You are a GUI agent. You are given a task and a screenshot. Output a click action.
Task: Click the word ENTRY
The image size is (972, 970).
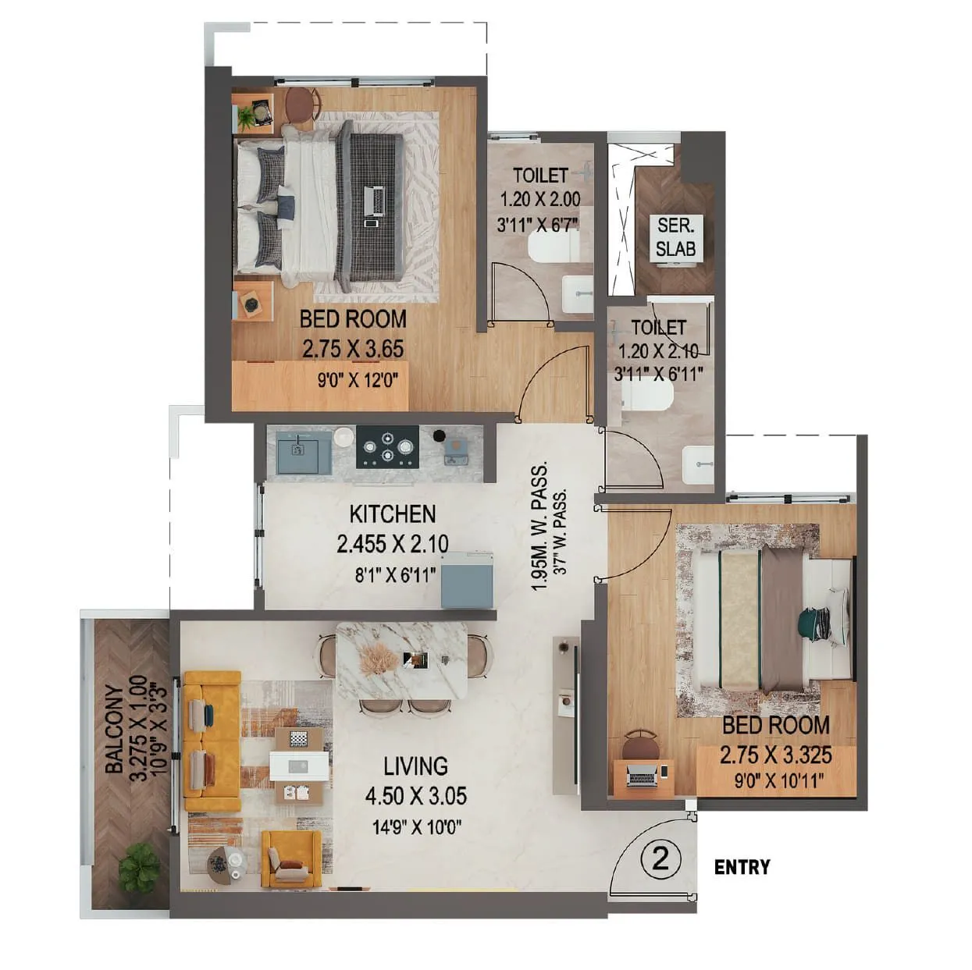742,867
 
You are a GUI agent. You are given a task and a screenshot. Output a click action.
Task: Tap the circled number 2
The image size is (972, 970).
660,860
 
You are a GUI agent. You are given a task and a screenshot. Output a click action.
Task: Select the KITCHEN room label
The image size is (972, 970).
392,514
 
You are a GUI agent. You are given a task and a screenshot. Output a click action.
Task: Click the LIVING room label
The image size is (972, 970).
415,766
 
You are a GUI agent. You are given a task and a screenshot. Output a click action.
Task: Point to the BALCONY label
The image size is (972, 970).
114,730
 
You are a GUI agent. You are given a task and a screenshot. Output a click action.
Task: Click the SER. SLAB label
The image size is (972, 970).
675,238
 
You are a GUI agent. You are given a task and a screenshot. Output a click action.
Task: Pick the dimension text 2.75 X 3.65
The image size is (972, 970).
353,349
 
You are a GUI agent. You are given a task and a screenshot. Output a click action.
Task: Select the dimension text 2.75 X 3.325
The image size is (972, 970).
775,755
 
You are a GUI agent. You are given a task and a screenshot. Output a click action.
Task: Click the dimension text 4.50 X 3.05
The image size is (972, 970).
415,796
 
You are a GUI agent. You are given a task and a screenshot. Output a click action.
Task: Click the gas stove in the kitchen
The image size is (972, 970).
386,447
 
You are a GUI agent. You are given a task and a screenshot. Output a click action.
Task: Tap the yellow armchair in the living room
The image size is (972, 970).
290,858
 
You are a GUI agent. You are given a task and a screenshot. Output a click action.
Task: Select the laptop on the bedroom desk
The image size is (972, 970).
643,776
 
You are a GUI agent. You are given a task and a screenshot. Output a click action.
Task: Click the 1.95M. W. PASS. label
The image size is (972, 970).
539,527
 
